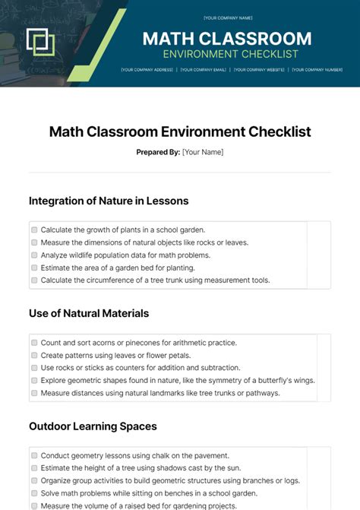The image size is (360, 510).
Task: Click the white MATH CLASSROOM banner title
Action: click(x=227, y=39)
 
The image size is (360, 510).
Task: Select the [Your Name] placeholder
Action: click(x=203, y=152)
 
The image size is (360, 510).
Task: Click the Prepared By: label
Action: click(x=158, y=152)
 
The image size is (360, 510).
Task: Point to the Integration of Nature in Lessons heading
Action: click(x=109, y=201)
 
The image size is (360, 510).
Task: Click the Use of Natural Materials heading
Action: click(x=89, y=313)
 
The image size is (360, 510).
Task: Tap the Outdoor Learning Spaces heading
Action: click(x=93, y=426)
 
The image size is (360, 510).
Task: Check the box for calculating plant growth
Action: click(x=34, y=230)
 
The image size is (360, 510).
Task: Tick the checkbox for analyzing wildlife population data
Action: click(x=34, y=255)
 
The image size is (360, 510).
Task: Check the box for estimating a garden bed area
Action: click(x=34, y=268)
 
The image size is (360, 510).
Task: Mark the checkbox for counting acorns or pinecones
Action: click(x=34, y=343)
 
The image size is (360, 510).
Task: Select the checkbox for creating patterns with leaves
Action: click(x=34, y=355)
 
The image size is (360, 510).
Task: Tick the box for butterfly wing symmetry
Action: click(x=34, y=380)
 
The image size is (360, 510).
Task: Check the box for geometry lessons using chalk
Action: click(x=34, y=455)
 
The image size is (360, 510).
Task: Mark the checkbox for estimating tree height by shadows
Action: click(x=34, y=468)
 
